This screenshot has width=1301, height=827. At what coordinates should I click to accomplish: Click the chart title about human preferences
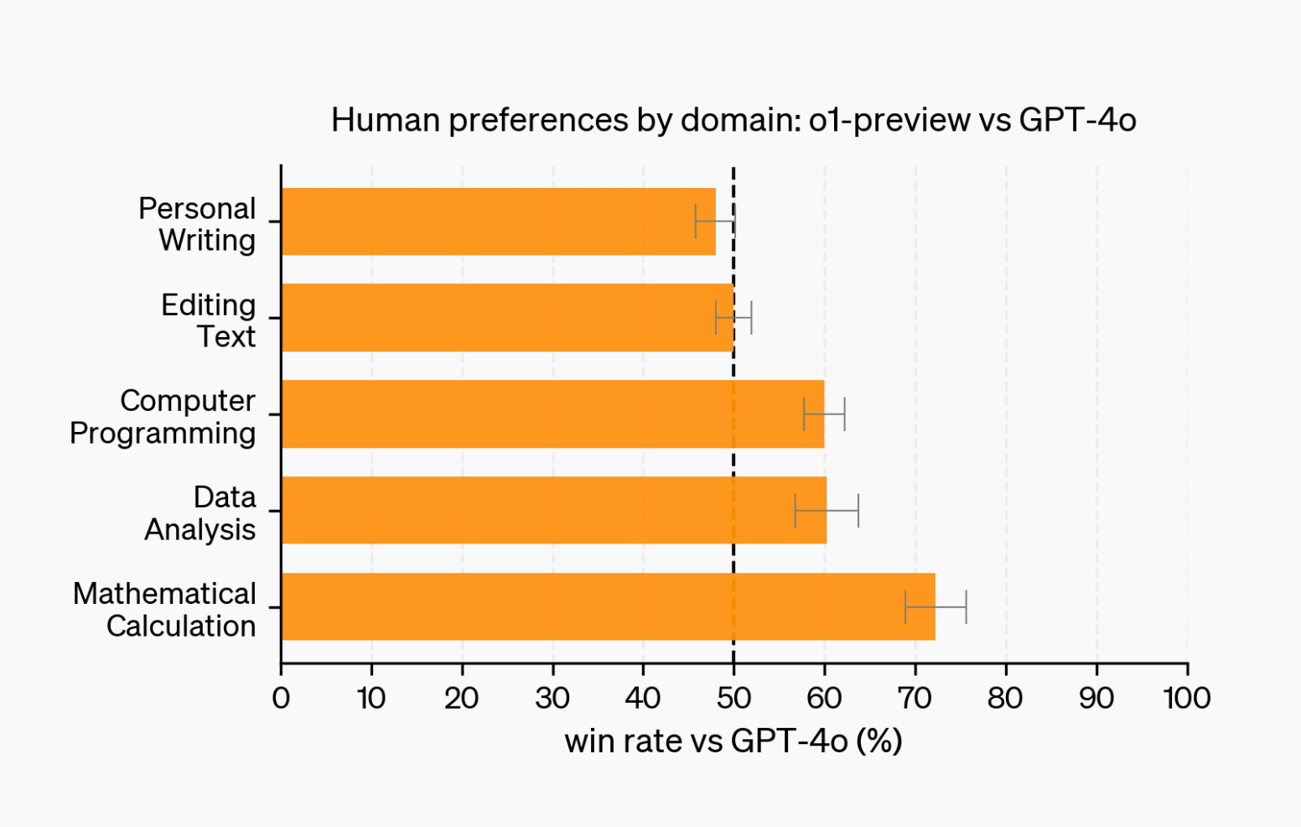click(733, 120)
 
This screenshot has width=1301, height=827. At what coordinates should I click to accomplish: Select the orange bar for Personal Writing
click(499, 221)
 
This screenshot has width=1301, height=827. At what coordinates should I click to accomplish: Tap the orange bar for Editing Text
click(507, 318)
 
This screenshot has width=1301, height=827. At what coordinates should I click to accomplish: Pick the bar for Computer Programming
click(552, 414)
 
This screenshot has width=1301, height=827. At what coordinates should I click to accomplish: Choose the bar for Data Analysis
click(553, 510)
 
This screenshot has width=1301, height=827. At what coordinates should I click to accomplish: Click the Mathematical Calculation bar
click(608, 606)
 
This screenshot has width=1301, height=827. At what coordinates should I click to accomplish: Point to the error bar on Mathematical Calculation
click(936, 606)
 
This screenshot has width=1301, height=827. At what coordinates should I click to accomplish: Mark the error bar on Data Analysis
click(827, 510)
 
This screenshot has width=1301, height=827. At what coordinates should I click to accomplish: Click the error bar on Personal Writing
click(715, 221)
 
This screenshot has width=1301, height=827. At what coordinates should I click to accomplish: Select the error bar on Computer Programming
click(824, 414)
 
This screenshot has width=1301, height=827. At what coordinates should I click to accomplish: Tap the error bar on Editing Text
click(733, 318)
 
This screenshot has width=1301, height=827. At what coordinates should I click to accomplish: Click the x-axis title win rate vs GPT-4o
click(733, 741)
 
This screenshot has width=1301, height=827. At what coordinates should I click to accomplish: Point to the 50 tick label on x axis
click(733, 698)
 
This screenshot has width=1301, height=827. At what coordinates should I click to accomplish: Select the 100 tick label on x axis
click(1186, 698)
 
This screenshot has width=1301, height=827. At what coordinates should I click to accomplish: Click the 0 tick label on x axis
click(281, 698)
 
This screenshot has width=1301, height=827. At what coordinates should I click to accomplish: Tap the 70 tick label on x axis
click(915, 698)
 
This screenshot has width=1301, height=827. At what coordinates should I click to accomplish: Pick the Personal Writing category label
click(198, 224)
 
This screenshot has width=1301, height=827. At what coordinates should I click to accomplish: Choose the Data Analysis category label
click(200, 512)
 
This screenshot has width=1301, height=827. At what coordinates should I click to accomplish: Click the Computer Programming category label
click(163, 417)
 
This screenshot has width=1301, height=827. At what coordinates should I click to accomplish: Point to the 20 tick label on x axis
click(462, 698)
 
